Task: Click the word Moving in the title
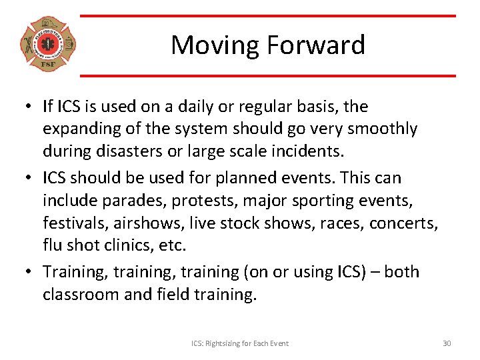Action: point(215,45)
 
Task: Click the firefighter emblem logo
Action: point(47,45)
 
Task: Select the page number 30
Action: point(447,343)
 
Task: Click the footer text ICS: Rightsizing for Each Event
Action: point(240,343)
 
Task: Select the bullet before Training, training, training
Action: point(31,272)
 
